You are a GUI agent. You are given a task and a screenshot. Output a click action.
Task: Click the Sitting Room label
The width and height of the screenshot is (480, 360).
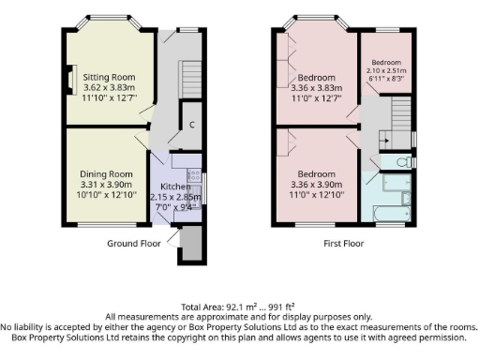[108, 76]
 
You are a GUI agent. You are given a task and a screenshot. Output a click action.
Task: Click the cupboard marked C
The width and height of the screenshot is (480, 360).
[191, 124]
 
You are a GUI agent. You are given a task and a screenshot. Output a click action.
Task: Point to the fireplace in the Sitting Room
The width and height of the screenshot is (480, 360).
[71, 79]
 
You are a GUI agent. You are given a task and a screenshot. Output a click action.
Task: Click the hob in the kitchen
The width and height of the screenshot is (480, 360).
[194, 174]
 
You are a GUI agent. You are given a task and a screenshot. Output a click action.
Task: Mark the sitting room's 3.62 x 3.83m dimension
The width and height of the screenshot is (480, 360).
[108, 86]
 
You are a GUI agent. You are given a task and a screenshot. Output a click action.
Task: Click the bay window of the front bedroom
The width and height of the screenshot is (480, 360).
[316, 18]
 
